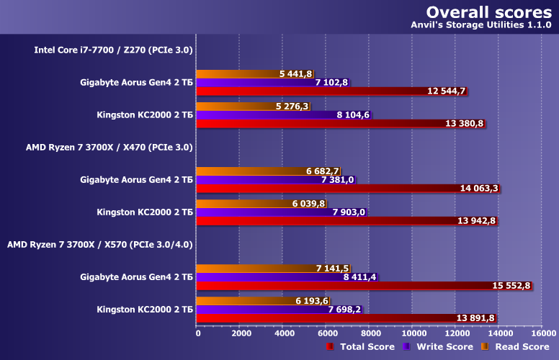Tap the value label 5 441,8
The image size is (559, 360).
point(295,74)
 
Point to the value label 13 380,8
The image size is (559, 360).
point(465,123)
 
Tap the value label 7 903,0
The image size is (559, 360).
point(349,212)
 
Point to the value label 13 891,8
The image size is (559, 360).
point(475,318)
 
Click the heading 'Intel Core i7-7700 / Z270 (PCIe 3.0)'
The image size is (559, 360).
point(113,50)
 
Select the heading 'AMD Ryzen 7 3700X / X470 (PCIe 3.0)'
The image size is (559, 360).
point(109,147)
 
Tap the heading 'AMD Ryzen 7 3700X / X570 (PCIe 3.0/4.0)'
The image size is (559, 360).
point(99,244)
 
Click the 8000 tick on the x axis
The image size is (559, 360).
point(370,333)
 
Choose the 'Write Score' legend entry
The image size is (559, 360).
point(437,347)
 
